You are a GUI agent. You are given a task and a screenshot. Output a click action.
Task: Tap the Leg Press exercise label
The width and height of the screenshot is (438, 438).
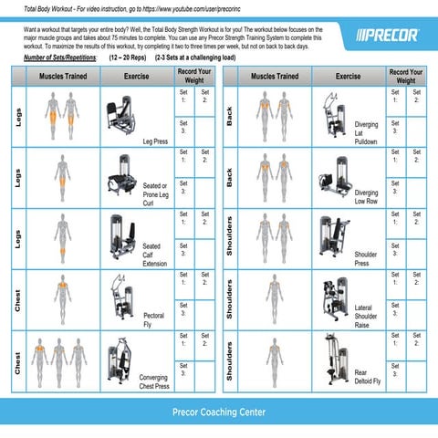point(154,141)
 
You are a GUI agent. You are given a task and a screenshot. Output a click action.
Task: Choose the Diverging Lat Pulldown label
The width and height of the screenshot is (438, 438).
point(366,133)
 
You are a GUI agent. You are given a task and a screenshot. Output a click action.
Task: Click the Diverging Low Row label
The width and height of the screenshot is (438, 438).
point(366,197)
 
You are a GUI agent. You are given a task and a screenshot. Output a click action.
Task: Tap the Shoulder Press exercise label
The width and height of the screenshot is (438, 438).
point(365,259)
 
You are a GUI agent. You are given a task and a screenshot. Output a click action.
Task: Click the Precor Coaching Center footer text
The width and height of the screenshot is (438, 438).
point(219,412)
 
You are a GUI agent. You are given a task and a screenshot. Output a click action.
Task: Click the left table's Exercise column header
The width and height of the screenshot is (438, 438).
point(136,76)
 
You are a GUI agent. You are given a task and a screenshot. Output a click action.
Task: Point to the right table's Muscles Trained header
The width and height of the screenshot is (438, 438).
point(274,76)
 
